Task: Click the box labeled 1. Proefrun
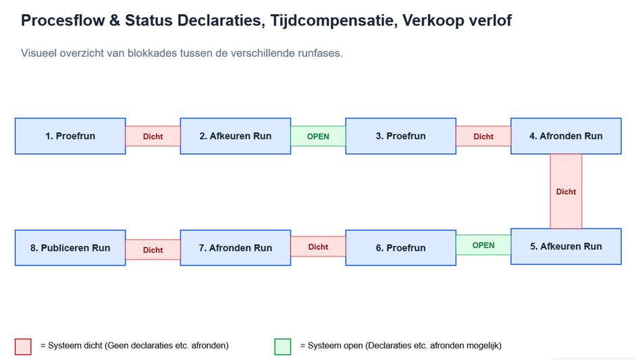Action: click(70, 136)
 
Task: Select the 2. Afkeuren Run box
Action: click(236, 136)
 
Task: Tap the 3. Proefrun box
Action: click(401, 136)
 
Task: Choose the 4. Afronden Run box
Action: click(566, 136)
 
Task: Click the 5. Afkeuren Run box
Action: click(566, 247)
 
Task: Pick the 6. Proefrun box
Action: click(401, 248)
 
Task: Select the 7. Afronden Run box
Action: click(236, 248)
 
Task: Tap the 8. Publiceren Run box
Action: click(70, 248)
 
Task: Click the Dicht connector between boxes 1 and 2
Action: click(153, 136)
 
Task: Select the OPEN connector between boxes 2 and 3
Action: click(318, 136)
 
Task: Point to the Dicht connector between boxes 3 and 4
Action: click(483, 136)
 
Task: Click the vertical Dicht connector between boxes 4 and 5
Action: click(566, 191)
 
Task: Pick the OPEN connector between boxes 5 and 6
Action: click(483, 245)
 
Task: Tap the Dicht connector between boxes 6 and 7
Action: click(318, 247)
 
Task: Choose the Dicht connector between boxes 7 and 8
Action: click(153, 250)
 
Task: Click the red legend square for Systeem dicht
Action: click(23, 346)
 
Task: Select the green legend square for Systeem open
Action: click(283, 346)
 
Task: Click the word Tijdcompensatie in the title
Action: click(334, 20)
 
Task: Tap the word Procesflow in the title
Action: click(63, 20)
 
